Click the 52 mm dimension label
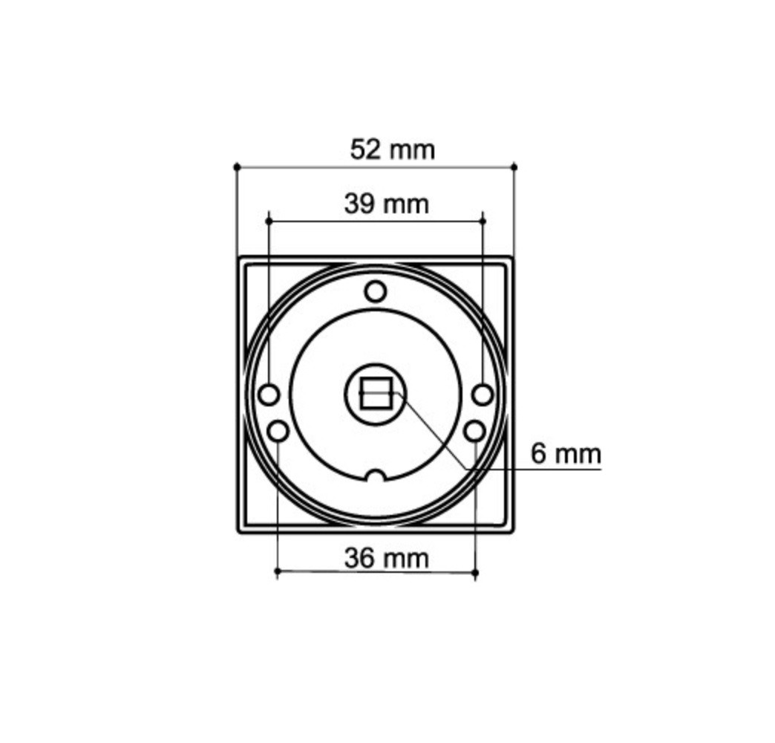pyautogui.click(x=392, y=149)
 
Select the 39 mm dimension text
pyautogui.click(x=386, y=203)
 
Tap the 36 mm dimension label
pyautogui.click(x=386, y=557)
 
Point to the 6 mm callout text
pyautogui.click(x=566, y=453)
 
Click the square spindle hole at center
pyautogui.click(x=376, y=393)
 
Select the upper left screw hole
pyautogui.click(x=269, y=395)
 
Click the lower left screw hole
pyautogui.click(x=278, y=430)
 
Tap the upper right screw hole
pyautogui.click(x=483, y=395)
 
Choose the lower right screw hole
pyautogui.click(x=474, y=430)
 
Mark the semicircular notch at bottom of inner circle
pyautogui.click(x=376, y=476)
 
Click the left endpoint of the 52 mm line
pyautogui.click(x=238, y=167)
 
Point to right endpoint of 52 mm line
pyautogui.click(x=514, y=167)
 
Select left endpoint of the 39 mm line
pyautogui.click(x=269, y=221)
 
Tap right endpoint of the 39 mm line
pyautogui.click(x=483, y=221)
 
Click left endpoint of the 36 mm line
pyautogui.click(x=278, y=572)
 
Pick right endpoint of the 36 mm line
pyautogui.click(x=475, y=572)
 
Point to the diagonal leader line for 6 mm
pyautogui.click(x=434, y=431)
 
